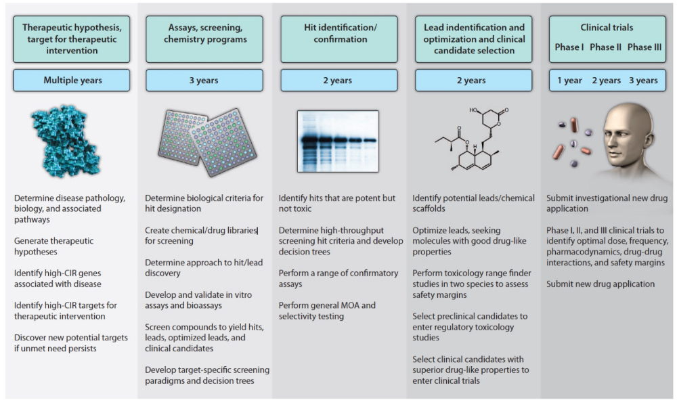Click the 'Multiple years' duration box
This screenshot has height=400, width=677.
[72, 81]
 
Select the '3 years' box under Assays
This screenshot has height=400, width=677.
[204, 81]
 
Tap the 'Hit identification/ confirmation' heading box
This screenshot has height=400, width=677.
[337, 33]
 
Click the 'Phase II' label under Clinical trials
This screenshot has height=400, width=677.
[606, 47]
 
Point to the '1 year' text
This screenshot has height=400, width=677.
[569, 81]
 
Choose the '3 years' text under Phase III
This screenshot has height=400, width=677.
[642, 81]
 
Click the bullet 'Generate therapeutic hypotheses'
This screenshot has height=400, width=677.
[54, 246]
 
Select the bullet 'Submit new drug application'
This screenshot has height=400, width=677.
[600, 284]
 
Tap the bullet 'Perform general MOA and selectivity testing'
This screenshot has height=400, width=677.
[328, 311]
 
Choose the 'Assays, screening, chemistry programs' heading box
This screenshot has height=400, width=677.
[204, 33]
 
